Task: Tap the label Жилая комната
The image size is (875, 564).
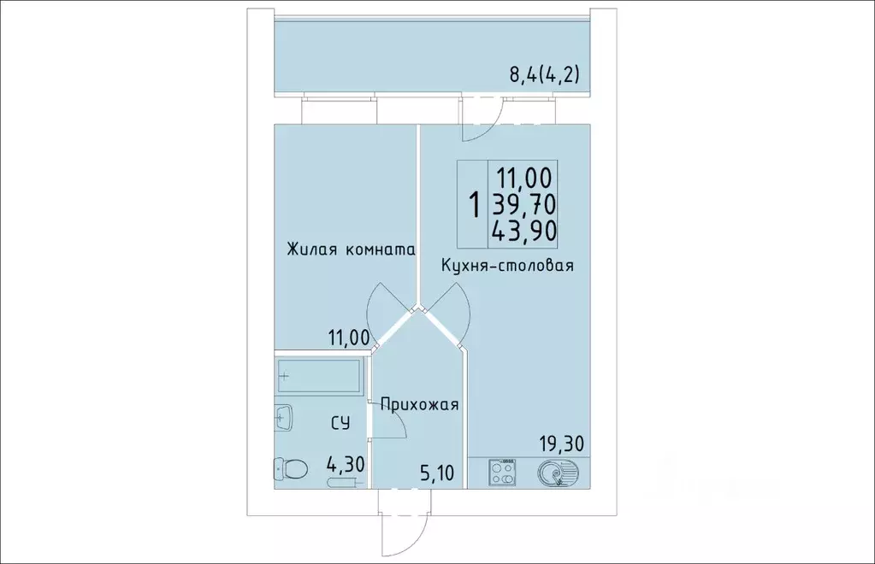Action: coord(351,250)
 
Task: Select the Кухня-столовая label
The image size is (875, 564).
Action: coord(506,266)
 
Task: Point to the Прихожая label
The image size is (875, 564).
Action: coord(420,405)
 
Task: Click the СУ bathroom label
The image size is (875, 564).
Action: coord(340,422)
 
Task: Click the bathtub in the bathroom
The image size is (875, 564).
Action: coord(318,375)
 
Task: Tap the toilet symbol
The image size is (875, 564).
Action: coord(292,468)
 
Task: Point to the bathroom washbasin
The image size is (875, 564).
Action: coord(284,418)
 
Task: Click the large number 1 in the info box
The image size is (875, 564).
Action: coord(473,205)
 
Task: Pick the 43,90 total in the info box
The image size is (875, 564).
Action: coord(523,230)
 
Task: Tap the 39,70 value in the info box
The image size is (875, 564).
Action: coord(523,204)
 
